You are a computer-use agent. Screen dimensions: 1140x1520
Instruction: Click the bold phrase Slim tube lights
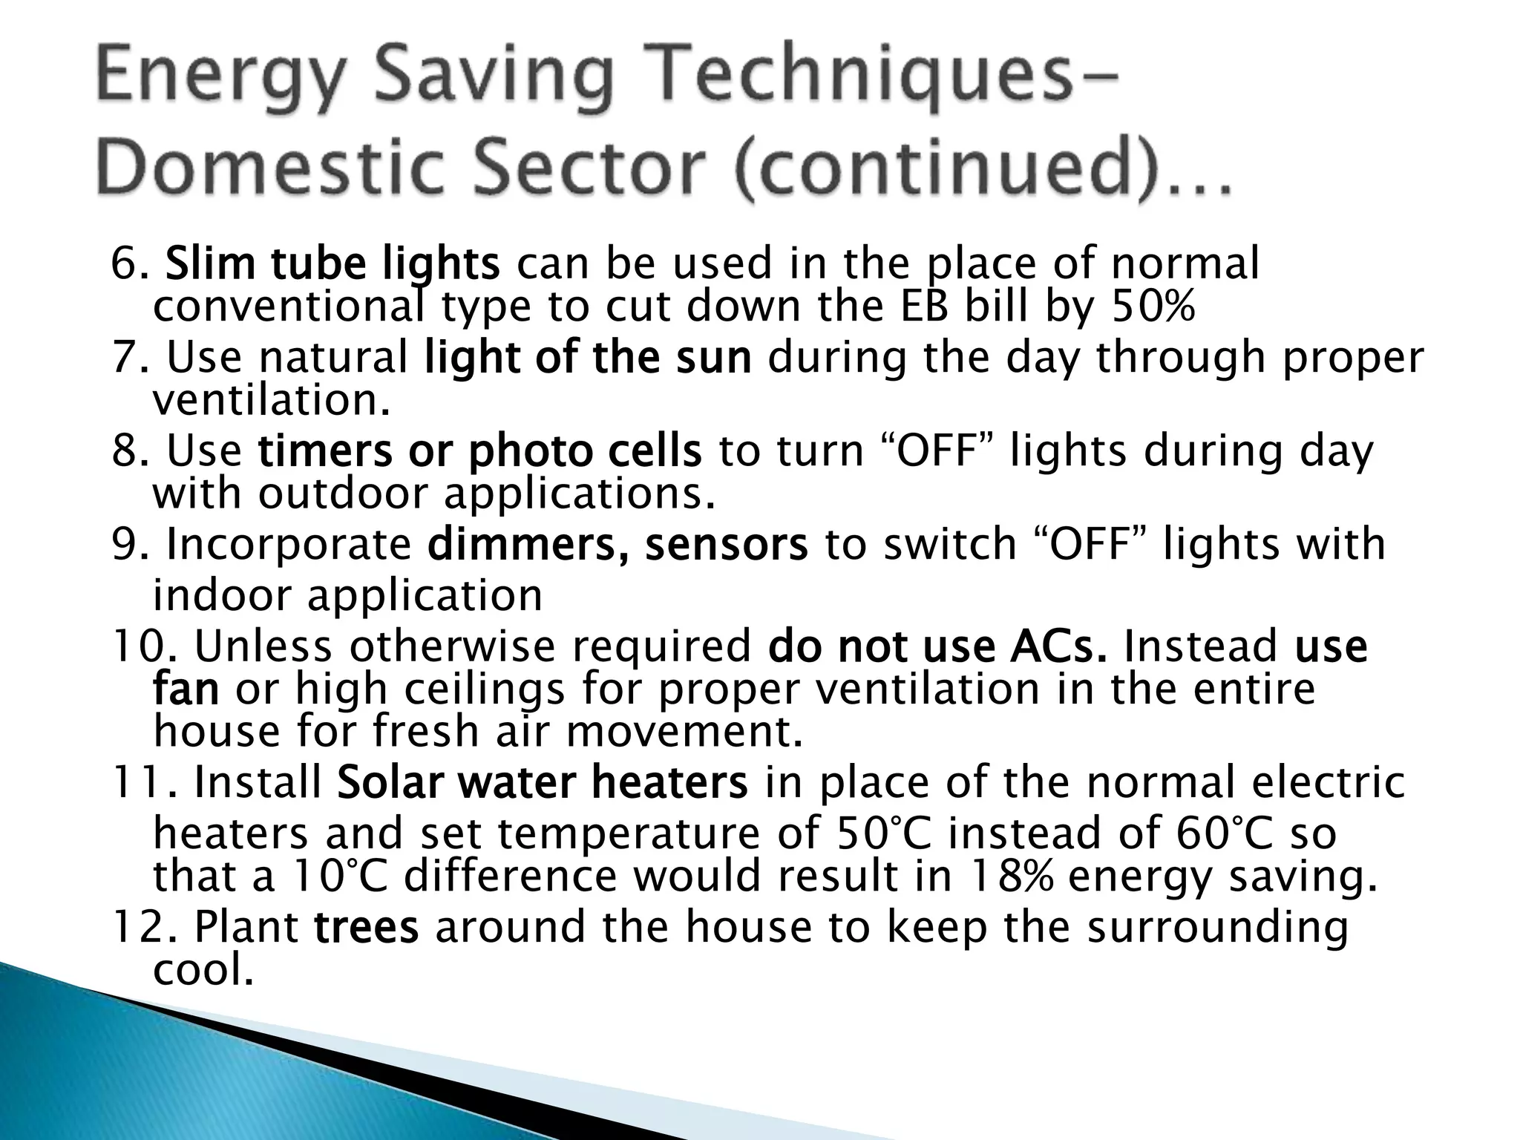(x=332, y=263)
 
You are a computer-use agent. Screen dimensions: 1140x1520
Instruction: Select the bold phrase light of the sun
(x=588, y=357)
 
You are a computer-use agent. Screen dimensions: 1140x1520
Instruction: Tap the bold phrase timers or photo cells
(x=479, y=451)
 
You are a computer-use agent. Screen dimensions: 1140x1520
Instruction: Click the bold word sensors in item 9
(x=726, y=544)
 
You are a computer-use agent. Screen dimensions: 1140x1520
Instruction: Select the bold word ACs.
(x=1058, y=646)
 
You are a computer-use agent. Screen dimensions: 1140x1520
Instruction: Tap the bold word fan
(x=186, y=689)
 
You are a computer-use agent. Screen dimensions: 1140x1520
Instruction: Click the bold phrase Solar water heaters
(x=542, y=782)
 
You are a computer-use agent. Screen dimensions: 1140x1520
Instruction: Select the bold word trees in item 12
(x=367, y=928)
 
